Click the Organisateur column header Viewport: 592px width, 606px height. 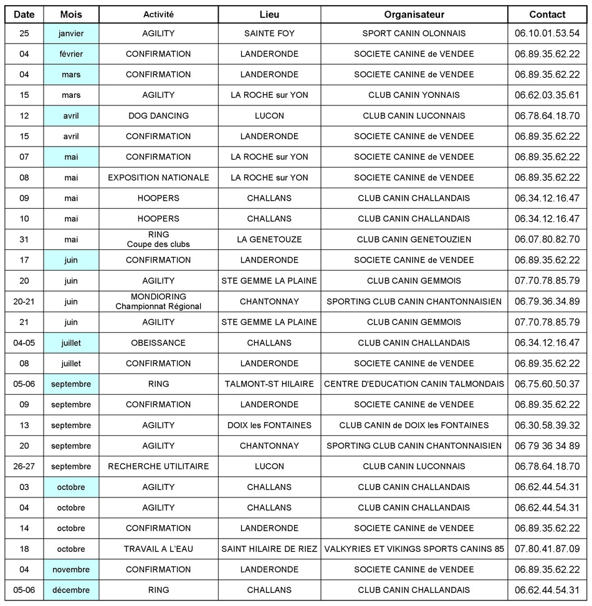(x=414, y=14)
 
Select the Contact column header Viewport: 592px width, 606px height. (x=547, y=14)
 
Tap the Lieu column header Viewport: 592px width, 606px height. (x=269, y=14)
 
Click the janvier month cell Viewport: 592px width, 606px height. (x=71, y=34)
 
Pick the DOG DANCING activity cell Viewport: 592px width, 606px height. (x=158, y=116)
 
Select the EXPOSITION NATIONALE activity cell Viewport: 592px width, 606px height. (x=158, y=178)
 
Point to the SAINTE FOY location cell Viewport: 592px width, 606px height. (x=269, y=34)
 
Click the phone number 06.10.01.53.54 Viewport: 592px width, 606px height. (x=547, y=34)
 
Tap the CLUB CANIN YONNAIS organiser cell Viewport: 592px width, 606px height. (x=414, y=95)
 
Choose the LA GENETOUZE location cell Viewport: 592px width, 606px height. (x=269, y=239)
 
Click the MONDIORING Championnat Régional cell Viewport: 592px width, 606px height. (x=158, y=301)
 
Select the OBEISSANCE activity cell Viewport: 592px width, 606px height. (x=158, y=343)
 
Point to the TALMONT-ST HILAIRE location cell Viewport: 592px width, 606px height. (x=269, y=384)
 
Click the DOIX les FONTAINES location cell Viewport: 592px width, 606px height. (x=269, y=425)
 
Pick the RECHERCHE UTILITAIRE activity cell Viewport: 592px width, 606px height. (x=158, y=466)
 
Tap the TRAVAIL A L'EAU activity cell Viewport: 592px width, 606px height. (x=158, y=549)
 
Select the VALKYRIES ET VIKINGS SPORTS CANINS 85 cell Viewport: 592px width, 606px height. (x=414, y=549)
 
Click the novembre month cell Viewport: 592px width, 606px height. (x=71, y=569)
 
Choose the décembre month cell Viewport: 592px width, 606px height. (x=71, y=590)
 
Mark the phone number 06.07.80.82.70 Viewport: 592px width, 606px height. (x=547, y=239)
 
